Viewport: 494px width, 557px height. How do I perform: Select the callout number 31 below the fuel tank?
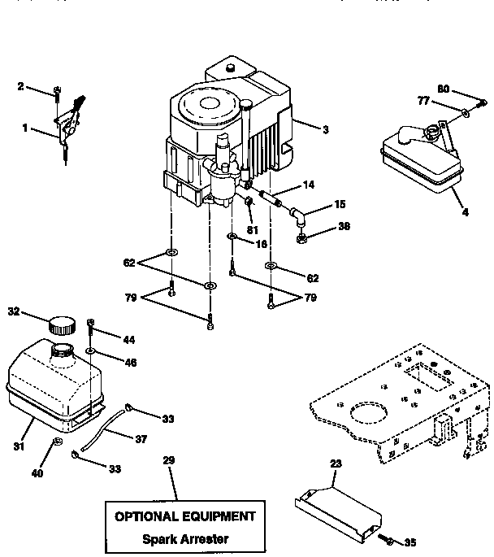pos(17,446)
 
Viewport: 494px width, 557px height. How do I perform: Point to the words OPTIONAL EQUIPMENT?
pos(184,516)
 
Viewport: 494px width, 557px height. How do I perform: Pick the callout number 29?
pos(169,460)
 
